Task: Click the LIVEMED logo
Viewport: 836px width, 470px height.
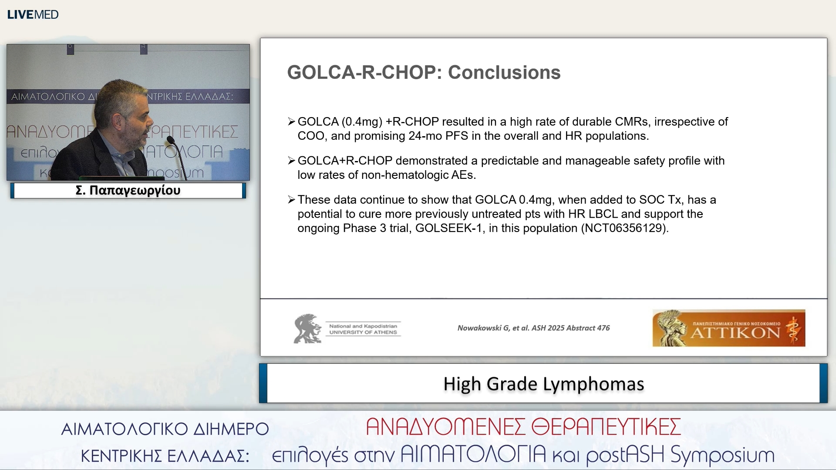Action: pos(33,14)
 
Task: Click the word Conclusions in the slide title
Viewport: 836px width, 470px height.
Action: pos(504,72)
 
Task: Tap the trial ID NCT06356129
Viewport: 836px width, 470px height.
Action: pos(624,228)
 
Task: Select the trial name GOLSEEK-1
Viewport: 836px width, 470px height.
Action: pos(448,228)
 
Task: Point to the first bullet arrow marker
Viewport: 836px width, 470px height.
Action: pos(291,122)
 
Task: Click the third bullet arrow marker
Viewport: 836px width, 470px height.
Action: pos(291,200)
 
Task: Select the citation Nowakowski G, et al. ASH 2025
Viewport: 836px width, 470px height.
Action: pos(533,328)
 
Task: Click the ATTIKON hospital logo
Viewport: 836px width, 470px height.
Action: pos(728,328)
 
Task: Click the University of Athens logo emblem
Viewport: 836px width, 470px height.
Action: pos(307,329)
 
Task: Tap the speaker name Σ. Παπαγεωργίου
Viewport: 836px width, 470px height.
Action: pos(128,191)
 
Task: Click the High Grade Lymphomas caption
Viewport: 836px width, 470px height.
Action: pos(543,384)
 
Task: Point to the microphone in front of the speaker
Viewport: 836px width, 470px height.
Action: pos(171,140)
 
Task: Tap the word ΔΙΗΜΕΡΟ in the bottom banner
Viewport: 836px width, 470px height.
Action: pos(231,429)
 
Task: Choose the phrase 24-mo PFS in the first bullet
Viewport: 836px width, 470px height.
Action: pos(438,136)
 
